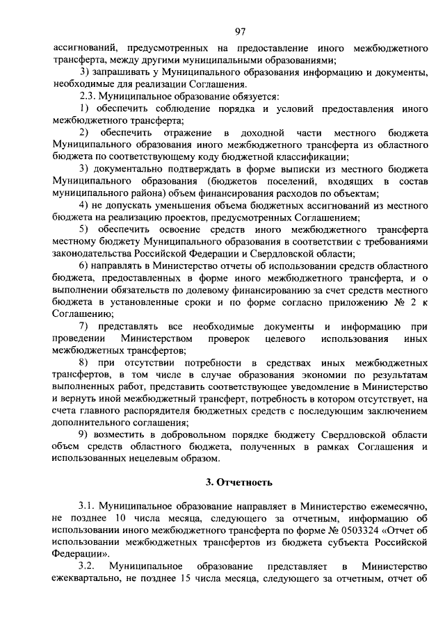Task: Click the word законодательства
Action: click(90, 254)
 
